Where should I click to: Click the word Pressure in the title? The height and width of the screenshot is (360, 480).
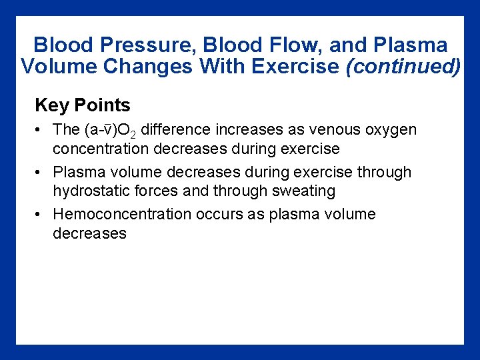click(x=133, y=45)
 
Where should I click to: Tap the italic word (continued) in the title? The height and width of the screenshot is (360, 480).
click(x=403, y=67)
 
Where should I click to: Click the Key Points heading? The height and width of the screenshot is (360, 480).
click(x=83, y=105)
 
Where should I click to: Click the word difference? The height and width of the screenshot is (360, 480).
click(x=175, y=129)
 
